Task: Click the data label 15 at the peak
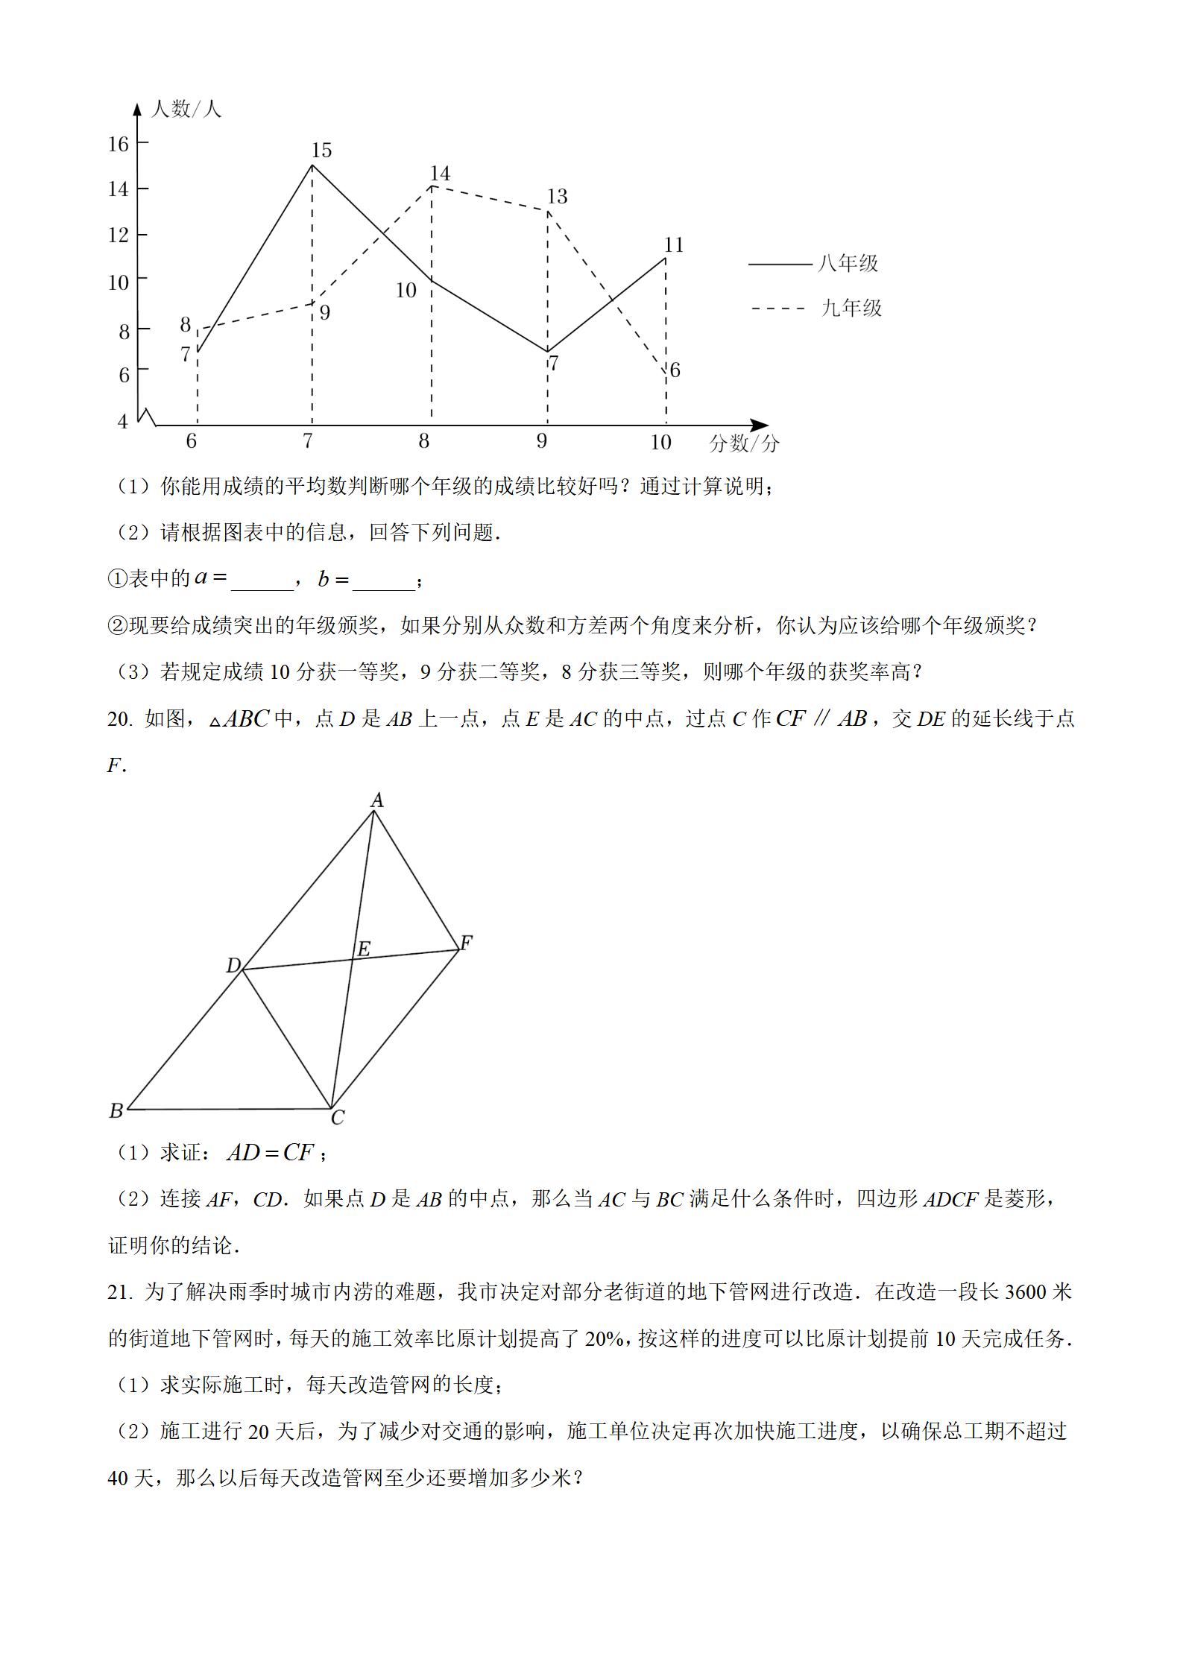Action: point(321,151)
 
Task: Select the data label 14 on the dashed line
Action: point(440,174)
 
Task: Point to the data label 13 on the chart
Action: point(557,196)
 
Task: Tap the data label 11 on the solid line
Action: point(674,244)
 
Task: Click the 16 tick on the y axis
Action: point(119,143)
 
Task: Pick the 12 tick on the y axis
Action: point(119,235)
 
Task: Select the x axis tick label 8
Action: point(423,441)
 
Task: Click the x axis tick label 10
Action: point(660,442)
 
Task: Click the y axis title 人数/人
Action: point(186,109)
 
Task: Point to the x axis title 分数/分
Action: point(744,443)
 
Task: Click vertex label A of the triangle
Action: point(377,800)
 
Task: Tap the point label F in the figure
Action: point(466,943)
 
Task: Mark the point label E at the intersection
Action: point(363,948)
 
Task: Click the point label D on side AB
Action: point(233,966)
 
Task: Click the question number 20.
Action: point(119,718)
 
